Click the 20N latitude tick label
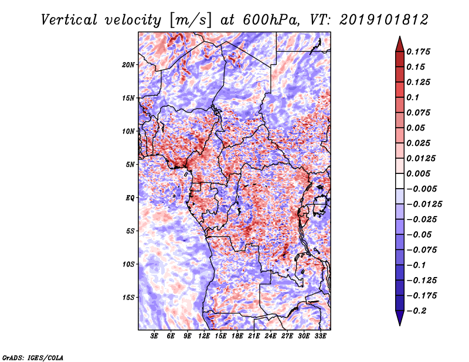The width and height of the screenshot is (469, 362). click(x=128, y=65)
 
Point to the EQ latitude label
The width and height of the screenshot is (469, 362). click(x=130, y=198)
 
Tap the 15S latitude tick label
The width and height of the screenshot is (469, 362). click(x=128, y=298)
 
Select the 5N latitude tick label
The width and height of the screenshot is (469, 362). click(x=130, y=165)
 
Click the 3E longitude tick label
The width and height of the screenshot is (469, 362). click(x=154, y=336)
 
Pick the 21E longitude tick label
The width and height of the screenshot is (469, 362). click(x=254, y=336)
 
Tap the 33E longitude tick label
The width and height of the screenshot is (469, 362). click(x=320, y=336)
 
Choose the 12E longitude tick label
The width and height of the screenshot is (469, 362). click(x=203, y=336)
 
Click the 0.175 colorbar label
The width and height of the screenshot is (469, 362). click(x=418, y=52)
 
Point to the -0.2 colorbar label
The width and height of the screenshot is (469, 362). click(x=416, y=311)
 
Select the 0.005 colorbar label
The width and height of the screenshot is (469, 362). click(x=418, y=173)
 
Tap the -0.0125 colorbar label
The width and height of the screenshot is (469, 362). click(x=424, y=204)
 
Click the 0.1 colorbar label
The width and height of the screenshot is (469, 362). click(x=413, y=97)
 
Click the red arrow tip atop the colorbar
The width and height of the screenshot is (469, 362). click(x=400, y=36)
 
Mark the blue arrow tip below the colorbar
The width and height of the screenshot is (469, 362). click(x=400, y=325)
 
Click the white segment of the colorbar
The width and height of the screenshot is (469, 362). click(x=400, y=181)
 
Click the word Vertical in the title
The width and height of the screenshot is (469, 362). click(x=69, y=20)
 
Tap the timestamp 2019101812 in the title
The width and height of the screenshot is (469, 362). click(x=384, y=20)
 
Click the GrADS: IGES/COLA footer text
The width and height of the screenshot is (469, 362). click(x=33, y=358)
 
